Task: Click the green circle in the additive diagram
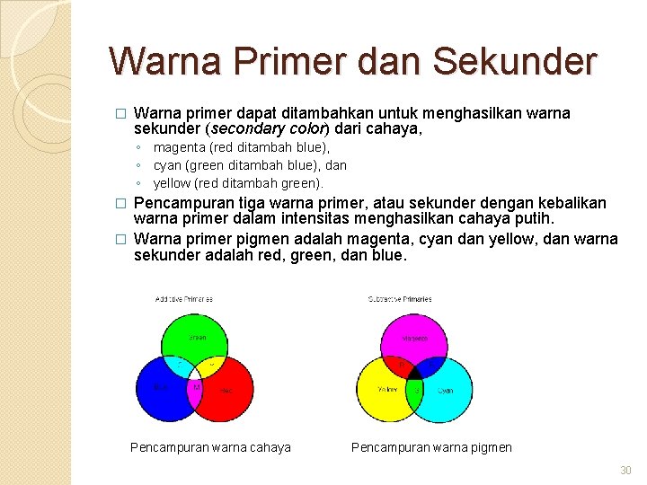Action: pos(196,335)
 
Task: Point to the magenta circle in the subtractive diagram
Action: pos(414,335)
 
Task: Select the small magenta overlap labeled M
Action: pos(197,389)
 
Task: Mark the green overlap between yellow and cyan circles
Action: pos(415,391)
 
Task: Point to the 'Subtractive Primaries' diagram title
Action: pos(401,299)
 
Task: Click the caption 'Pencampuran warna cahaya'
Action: pos(210,447)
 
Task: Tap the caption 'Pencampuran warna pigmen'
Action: pos(431,447)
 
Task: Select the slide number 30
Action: pos(625,471)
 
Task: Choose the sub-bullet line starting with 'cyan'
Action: pos(250,165)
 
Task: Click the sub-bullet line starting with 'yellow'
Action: pos(238,183)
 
